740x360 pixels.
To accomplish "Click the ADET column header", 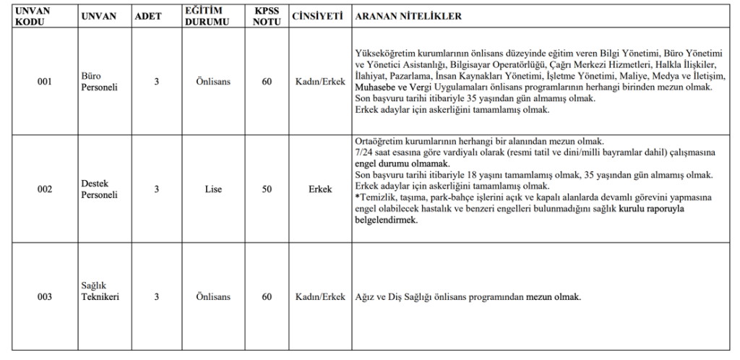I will tap(148, 16).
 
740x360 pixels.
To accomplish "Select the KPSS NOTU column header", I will tap(267, 16).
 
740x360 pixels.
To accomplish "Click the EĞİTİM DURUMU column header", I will tap(213, 16).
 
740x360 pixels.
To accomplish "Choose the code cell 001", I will tap(45, 82).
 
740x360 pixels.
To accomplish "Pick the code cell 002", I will tap(45, 189).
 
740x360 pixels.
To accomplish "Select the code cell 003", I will tap(45, 297).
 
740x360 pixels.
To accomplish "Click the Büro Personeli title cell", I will tap(101, 82).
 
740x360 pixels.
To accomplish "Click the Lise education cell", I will tap(213, 189).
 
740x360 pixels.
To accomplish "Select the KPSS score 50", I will tap(267, 189).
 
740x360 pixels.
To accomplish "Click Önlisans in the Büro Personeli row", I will tap(213, 82).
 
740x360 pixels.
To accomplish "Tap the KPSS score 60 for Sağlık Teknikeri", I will tap(267, 297).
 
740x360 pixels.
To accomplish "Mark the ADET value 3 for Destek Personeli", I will tap(156, 189).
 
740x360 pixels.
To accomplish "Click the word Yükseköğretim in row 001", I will tap(388, 53).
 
